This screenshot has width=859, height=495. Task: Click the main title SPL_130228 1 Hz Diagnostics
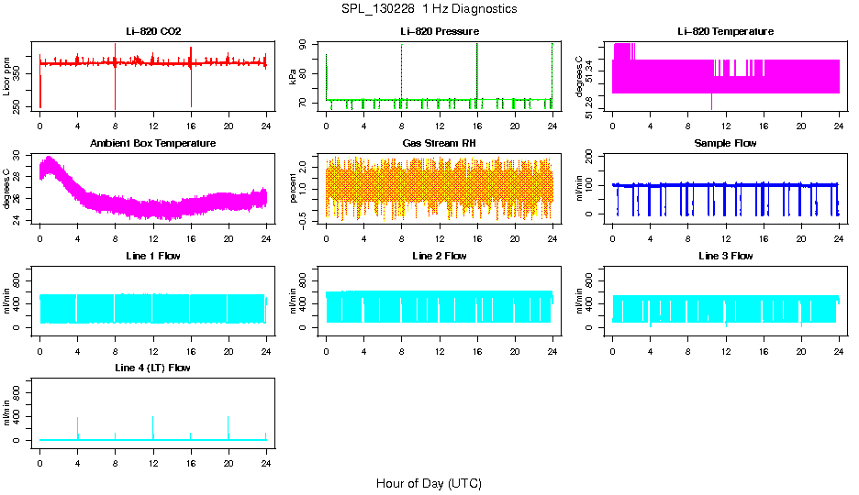point(429,9)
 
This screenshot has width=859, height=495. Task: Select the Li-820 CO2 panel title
point(153,31)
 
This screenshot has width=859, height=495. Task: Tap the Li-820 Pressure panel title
point(440,31)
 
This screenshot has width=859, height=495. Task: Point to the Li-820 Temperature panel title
point(725,31)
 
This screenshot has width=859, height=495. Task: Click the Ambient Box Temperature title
point(153,144)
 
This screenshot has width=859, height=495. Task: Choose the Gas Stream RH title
point(440,144)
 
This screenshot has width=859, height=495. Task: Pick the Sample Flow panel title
point(725,144)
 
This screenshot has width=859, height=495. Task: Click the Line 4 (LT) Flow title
point(153,368)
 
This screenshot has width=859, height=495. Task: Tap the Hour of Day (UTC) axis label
point(429,483)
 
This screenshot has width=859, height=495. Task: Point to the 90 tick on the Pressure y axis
point(307,44)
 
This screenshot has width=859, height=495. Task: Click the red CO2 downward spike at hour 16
point(191,87)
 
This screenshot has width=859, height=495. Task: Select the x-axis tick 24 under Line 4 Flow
point(265,453)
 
